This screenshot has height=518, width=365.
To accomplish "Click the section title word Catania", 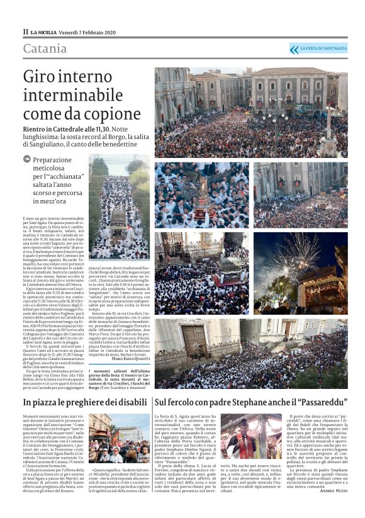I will pos(45,49).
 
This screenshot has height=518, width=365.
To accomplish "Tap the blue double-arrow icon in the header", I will pos(294,49).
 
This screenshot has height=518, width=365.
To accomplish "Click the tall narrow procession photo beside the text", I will pos(119,208).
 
